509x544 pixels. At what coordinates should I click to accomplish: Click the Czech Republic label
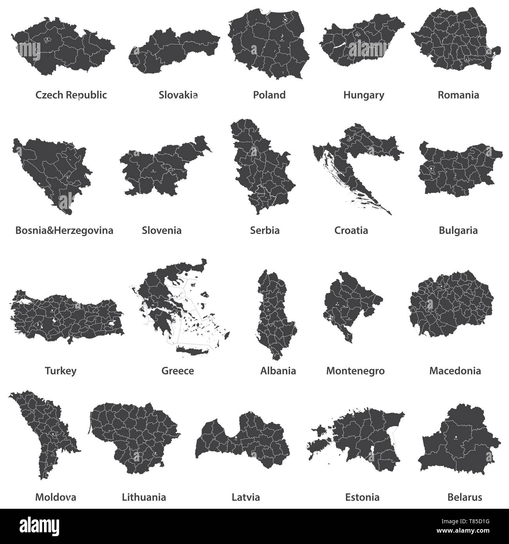click(x=71, y=95)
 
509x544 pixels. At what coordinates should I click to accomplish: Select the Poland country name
click(x=269, y=95)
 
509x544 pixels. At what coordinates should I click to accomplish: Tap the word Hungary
click(x=364, y=95)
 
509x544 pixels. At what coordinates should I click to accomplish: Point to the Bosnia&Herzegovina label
click(x=64, y=230)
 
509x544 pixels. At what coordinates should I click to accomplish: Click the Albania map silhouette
click(x=276, y=313)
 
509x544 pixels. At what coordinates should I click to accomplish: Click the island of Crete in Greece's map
click(x=193, y=350)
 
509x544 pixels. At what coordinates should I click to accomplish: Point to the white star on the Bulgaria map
click(x=432, y=169)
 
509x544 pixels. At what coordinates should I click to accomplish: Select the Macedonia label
click(x=455, y=370)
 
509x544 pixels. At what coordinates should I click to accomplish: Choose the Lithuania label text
click(x=144, y=497)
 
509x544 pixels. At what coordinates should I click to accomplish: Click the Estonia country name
click(x=362, y=497)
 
